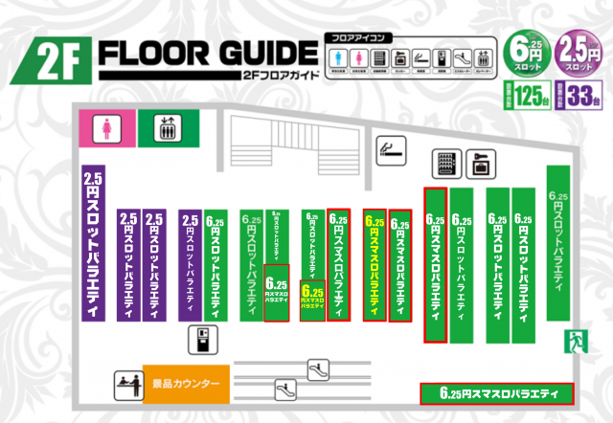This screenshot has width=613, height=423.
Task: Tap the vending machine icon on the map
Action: pyautogui.click(x=445, y=164)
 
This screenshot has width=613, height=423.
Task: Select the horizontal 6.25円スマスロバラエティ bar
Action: pyautogui.click(x=496, y=393)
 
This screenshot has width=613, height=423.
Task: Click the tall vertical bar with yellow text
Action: pyautogui.click(x=375, y=263)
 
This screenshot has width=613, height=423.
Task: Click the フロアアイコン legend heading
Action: pyautogui.click(x=360, y=36)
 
